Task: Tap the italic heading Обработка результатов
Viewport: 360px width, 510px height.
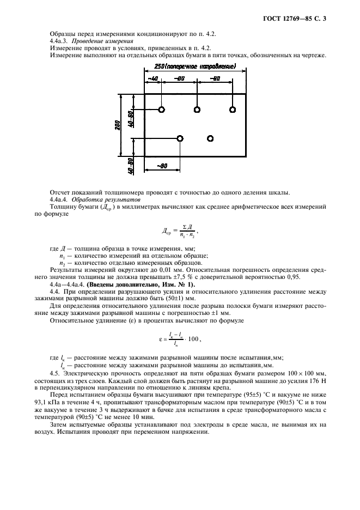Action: point(103,201)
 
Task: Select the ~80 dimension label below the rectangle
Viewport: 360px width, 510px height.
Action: point(162,165)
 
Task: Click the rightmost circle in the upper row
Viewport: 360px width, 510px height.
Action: point(233,110)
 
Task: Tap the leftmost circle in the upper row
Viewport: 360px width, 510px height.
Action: point(161,110)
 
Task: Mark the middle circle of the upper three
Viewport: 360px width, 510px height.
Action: point(197,110)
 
